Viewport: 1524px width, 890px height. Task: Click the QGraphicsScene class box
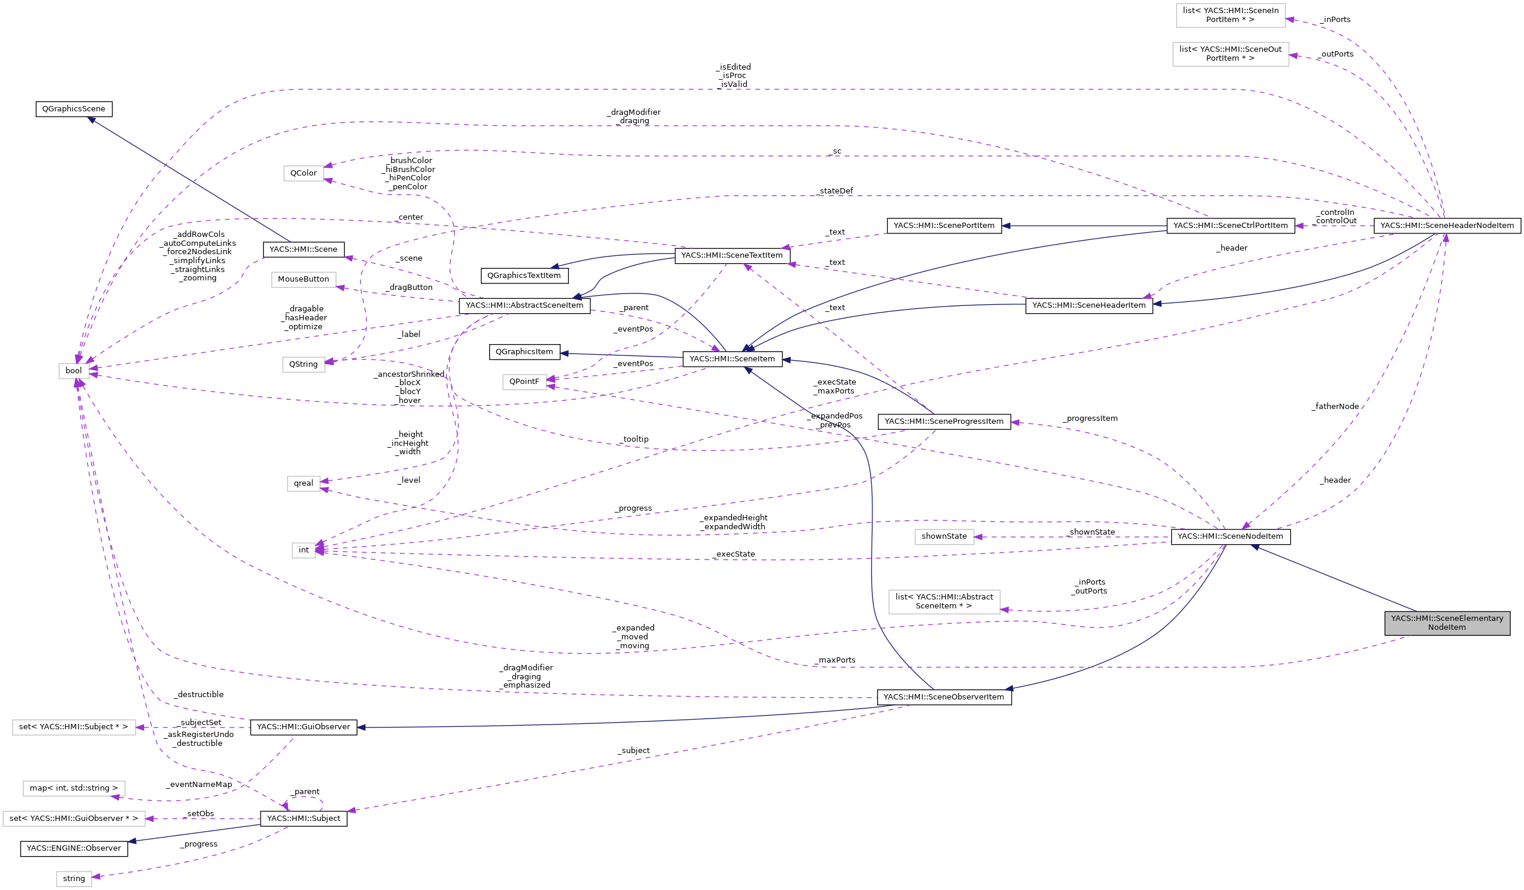click(74, 110)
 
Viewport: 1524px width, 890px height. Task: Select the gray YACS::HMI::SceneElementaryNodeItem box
click(1447, 623)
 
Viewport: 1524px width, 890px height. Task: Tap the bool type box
click(74, 371)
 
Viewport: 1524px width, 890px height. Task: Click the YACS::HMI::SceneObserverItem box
click(943, 697)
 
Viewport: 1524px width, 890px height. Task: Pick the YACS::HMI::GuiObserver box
click(303, 727)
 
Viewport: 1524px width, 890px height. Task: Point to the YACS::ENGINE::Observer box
click(74, 848)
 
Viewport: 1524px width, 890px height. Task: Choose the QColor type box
click(303, 174)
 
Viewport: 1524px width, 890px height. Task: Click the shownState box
click(944, 536)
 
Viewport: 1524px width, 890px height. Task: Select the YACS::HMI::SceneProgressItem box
click(944, 421)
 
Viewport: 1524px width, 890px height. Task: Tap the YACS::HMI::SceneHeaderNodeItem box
click(1447, 226)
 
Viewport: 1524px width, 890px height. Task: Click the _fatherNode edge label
click(1335, 407)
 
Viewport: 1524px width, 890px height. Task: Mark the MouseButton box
click(303, 280)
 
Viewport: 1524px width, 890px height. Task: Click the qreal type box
click(303, 483)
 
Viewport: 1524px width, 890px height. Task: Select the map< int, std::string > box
click(74, 788)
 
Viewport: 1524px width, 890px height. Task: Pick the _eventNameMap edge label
click(199, 785)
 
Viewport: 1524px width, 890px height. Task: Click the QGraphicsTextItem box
click(524, 276)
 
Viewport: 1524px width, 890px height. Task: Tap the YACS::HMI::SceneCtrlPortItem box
click(1230, 226)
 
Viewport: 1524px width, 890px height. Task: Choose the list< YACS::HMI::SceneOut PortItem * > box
click(1230, 54)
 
